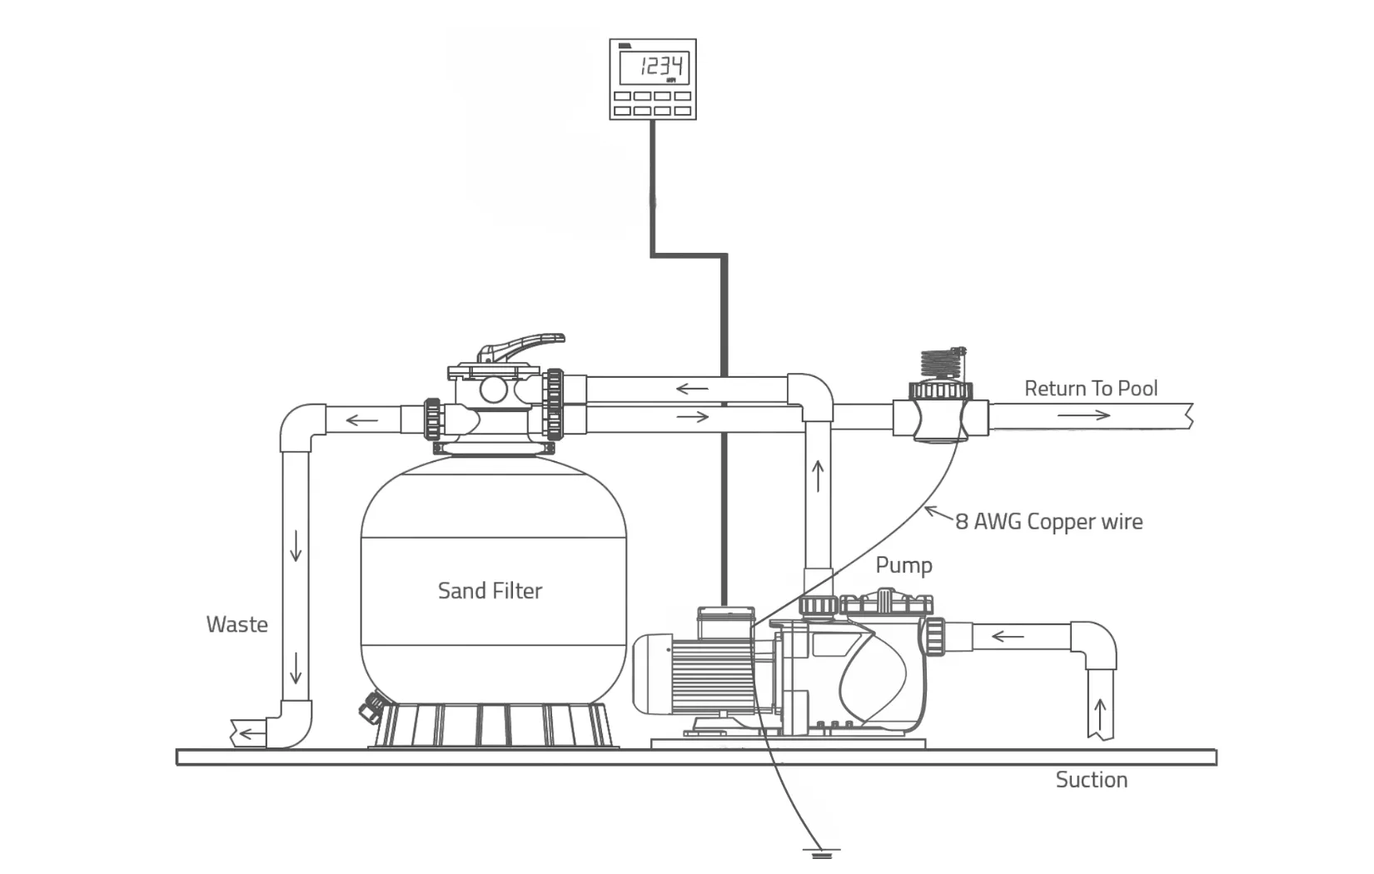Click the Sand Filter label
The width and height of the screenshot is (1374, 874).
(490, 591)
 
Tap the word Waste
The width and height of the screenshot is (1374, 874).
(237, 624)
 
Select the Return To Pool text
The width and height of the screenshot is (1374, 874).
(1091, 388)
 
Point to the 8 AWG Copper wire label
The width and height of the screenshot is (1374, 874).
(1049, 521)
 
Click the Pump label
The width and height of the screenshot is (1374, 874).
(904, 565)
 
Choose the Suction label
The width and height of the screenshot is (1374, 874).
(1092, 780)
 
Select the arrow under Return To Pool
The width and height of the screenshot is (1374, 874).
(1084, 415)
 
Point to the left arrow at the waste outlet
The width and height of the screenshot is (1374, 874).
(250, 733)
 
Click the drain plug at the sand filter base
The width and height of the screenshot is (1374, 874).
(371, 708)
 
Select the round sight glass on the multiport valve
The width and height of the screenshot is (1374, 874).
(494, 390)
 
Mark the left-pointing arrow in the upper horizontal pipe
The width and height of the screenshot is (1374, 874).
(692, 388)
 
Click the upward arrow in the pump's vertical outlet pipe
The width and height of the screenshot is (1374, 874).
(818, 477)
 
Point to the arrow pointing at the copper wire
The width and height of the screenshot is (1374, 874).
(939, 514)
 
